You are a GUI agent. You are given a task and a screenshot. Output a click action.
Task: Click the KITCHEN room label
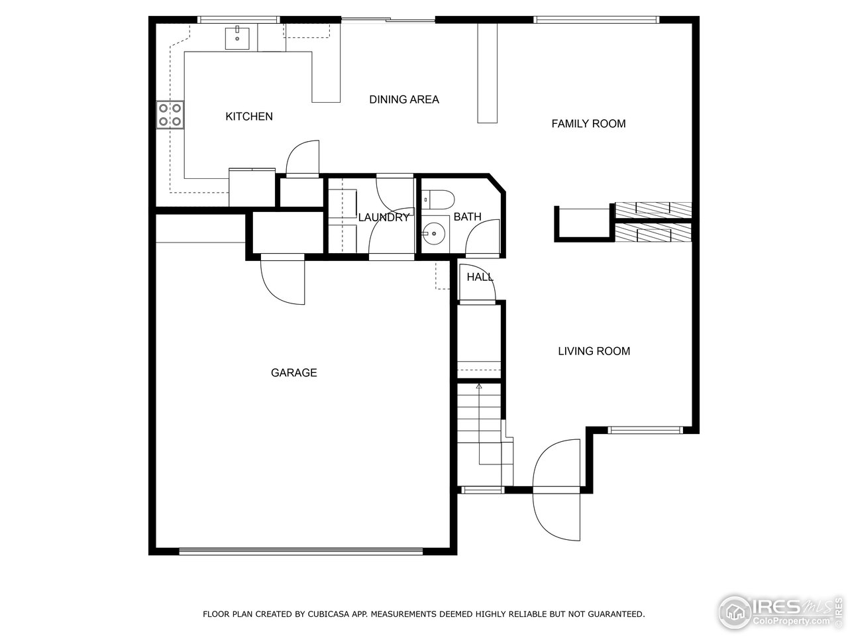point(249,117)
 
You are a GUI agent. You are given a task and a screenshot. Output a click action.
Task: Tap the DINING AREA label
point(404,100)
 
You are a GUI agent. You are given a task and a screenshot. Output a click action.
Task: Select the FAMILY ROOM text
point(588,124)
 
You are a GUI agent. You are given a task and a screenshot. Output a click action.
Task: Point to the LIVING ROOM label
point(594,351)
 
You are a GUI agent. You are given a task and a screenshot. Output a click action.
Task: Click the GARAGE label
point(293,373)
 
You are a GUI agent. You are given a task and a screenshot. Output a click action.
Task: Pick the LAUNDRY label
point(384,217)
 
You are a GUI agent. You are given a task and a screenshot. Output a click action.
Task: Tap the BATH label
point(467,217)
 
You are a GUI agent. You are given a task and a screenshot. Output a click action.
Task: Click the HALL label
point(480,277)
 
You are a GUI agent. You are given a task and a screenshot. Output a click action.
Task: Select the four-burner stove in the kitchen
point(170,114)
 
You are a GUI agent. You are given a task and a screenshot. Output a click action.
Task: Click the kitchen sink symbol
point(237,38)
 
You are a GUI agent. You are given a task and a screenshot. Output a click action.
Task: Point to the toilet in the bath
point(438,198)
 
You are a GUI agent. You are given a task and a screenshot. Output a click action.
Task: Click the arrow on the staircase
point(479,386)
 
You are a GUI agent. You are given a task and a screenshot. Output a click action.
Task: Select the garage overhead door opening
point(301,550)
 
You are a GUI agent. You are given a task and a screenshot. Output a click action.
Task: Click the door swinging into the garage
point(284,282)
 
